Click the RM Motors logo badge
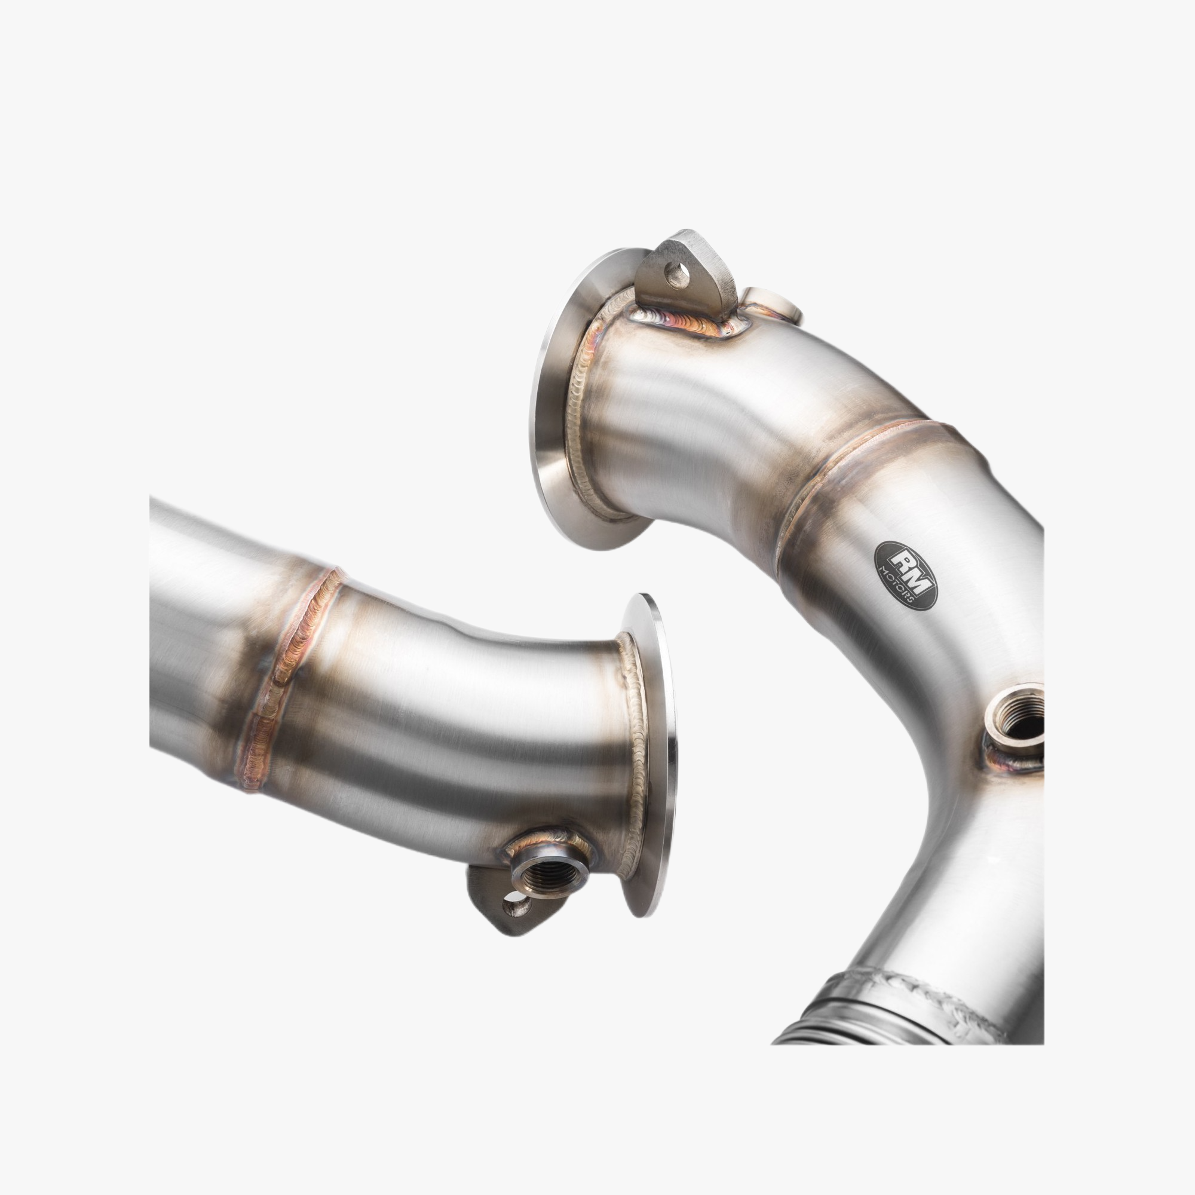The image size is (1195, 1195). point(905,575)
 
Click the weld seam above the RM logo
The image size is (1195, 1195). point(866,458)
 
